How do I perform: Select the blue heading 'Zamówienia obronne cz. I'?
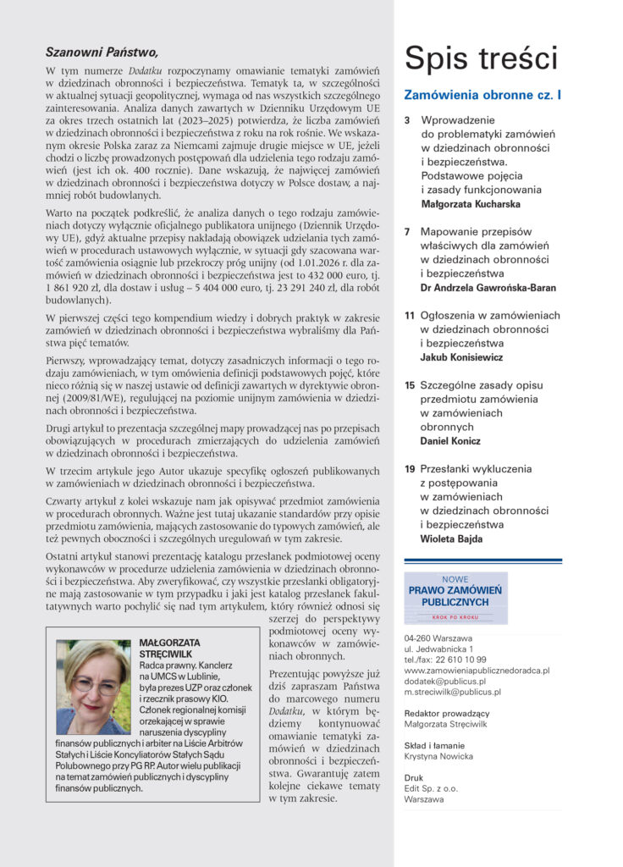pyautogui.click(x=482, y=96)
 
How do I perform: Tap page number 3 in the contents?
pyautogui.click(x=407, y=120)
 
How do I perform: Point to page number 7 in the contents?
pyautogui.click(x=407, y=231)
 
